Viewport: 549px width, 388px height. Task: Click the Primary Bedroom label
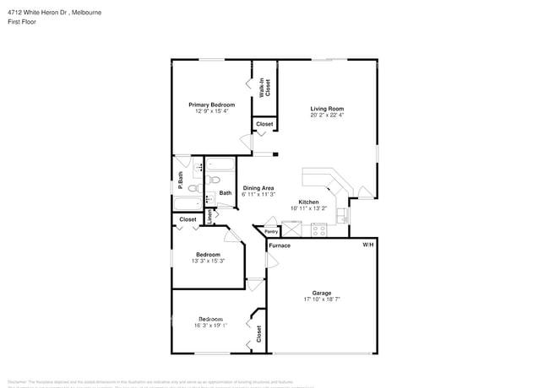point(211,105)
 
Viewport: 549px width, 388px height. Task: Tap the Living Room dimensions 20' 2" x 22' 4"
point(326,115)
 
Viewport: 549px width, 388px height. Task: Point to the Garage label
point(322,293)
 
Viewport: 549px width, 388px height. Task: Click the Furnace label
point(280,245)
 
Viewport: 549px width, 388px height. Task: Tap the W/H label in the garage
point(367,245)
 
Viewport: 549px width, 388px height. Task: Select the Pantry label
point(271,231)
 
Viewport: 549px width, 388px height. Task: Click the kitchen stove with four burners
point(319,229)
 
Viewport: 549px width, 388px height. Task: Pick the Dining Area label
point(258,188)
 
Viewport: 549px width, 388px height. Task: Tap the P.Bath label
point(180,181)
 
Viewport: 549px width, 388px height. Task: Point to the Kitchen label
point(308,202)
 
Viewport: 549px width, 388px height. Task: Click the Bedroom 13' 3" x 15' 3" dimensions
point(209,261)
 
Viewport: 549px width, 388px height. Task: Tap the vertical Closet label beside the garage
point(258,335)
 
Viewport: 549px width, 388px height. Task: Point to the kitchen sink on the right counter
point(342,216)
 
